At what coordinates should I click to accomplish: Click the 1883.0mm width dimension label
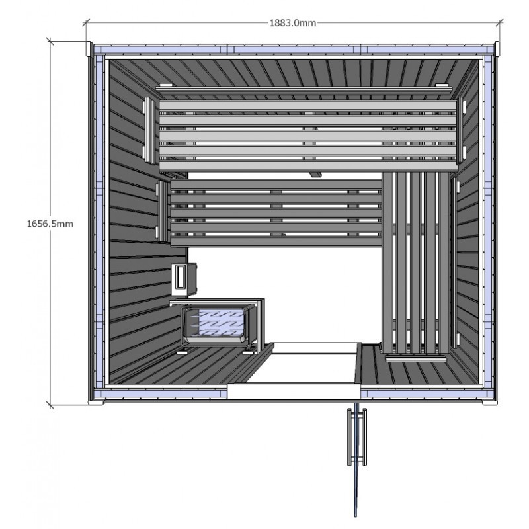(x=292, y=23)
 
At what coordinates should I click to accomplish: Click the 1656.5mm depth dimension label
(x=50, y=224)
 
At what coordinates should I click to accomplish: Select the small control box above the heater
(x=183, y=278)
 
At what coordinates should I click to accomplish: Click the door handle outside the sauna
(x=357, y=436)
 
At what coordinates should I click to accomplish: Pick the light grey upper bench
(x=307, y=135)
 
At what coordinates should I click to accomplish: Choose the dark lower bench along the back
(x=276, y=213)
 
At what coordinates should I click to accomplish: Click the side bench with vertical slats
(x=416, y=263)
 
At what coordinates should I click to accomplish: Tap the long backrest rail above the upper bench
(x=304, y=89)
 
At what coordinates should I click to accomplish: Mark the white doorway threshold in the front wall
(x=294, y=391)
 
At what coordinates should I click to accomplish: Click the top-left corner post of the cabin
(x=89, y=49)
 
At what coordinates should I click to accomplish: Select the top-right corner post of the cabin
(x=497, y=48)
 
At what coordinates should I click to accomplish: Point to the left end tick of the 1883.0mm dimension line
(x=86, y=23)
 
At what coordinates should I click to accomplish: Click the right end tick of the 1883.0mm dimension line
(x=499, y=23)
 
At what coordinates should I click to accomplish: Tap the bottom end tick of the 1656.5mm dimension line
(x=51, y=404)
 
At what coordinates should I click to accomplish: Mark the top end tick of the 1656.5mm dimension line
(x=51, y=42)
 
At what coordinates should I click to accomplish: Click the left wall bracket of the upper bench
(x=148, y=130)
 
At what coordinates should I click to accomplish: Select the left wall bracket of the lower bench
(x=162, y=211)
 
